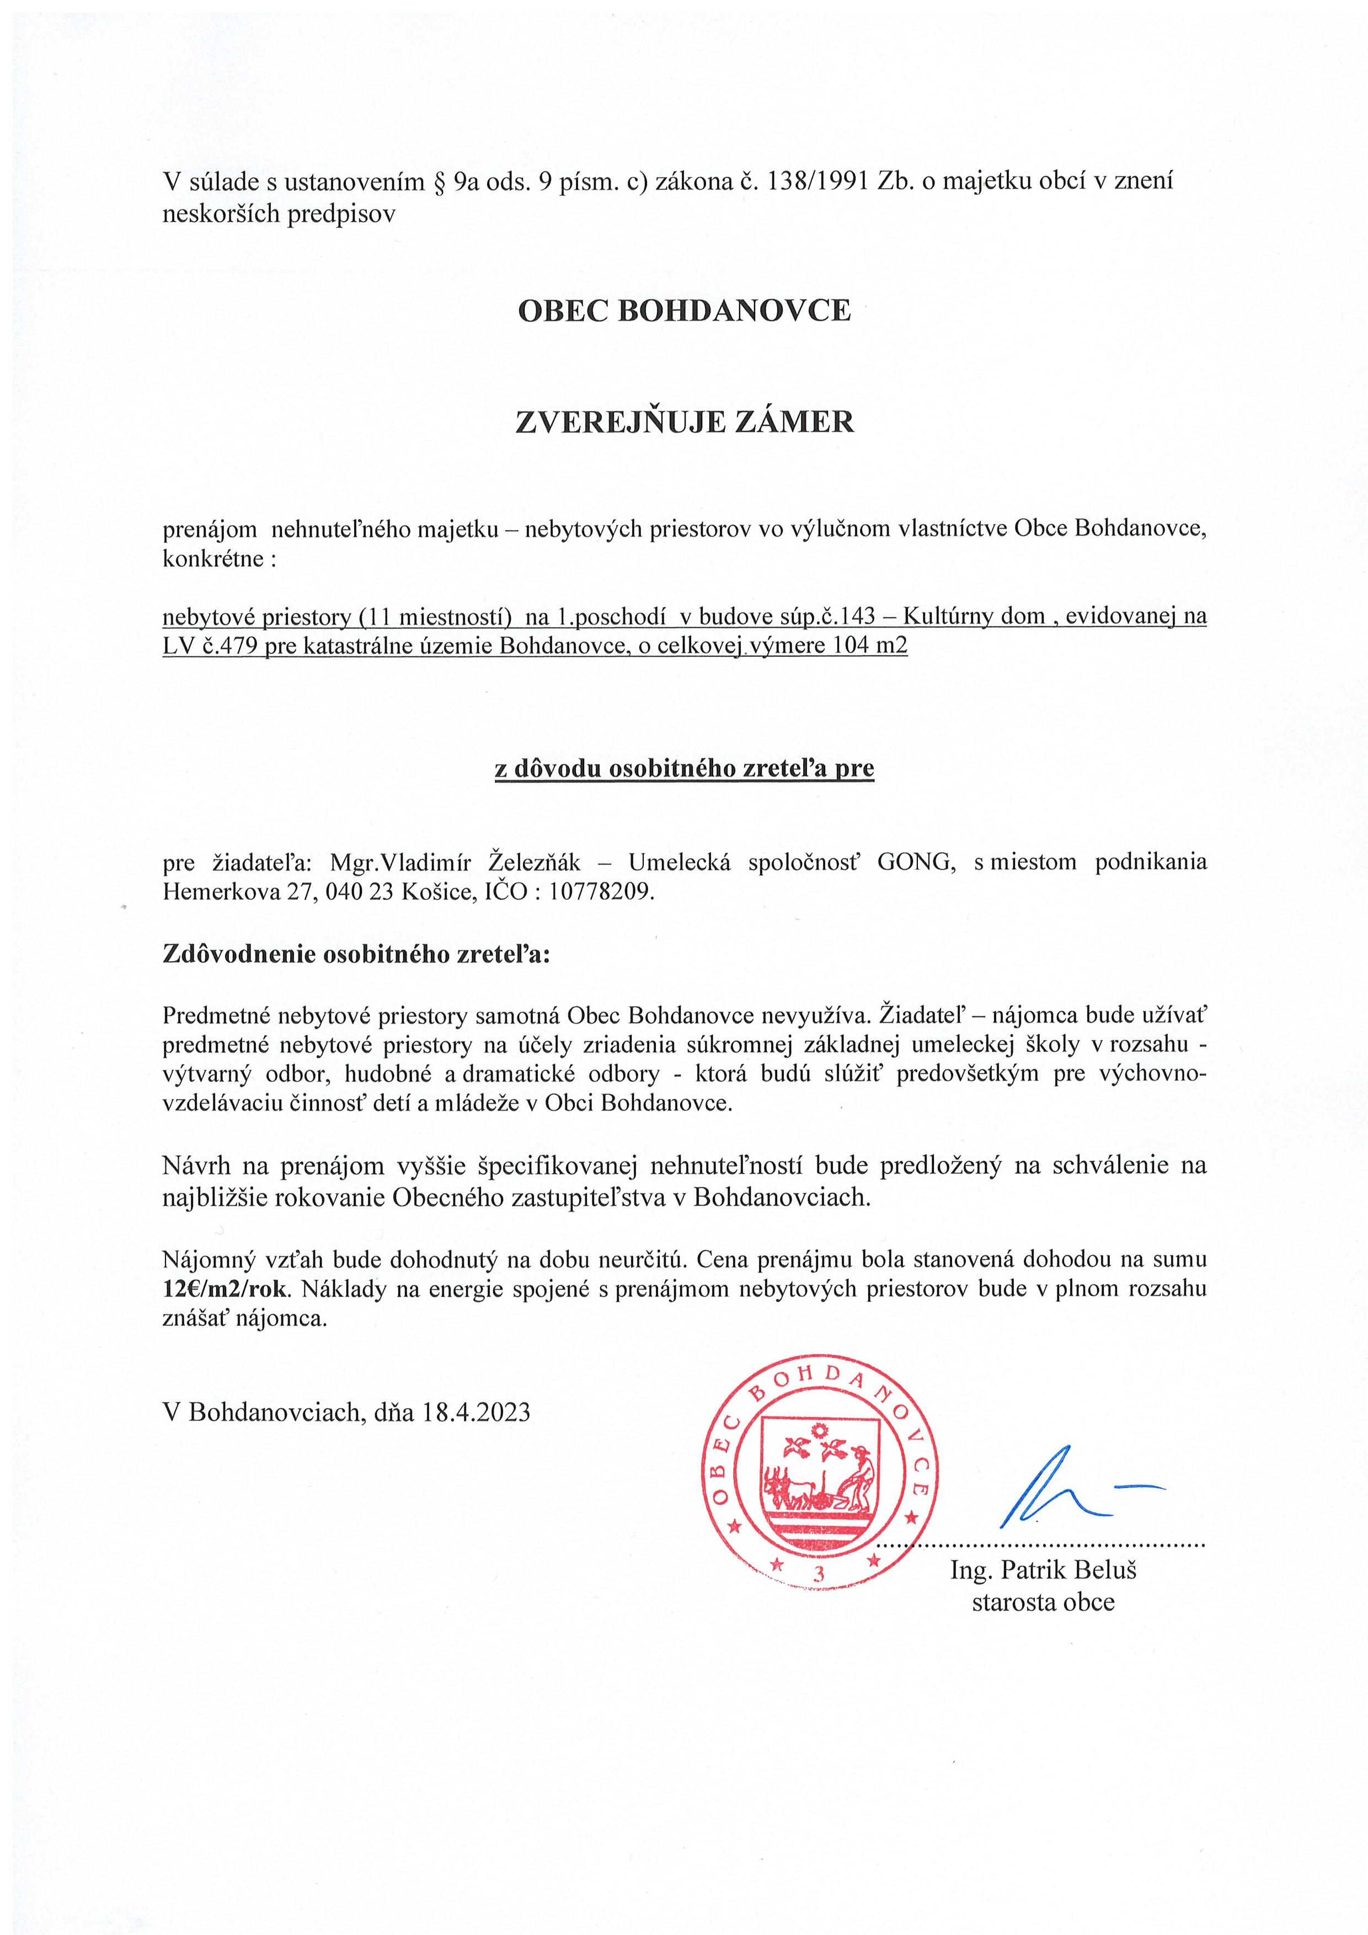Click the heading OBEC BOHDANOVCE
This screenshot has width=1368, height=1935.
point(683,311)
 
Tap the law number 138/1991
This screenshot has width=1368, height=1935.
point(817,181)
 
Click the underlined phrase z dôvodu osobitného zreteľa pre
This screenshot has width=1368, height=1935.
point(683,768)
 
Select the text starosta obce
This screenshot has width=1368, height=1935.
point(1043,1602)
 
